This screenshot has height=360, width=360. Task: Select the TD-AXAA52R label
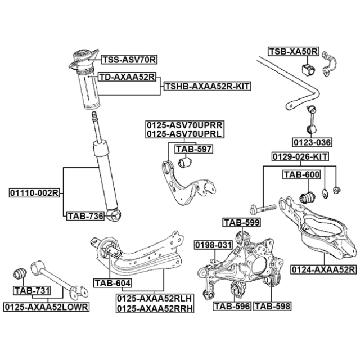[x=127, y=76]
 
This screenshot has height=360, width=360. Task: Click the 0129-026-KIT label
[x=300, y=156]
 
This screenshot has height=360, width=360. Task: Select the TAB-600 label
[x=301, y=175]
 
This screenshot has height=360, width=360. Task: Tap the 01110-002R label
[x=34, y=193]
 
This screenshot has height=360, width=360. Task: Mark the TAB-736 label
[x=85, y=215]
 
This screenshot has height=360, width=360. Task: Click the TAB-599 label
[x=241, y=222]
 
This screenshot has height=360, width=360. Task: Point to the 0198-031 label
[x=213, y=245]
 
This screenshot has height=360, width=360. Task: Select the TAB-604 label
[x=112, y=283]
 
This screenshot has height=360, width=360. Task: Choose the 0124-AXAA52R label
[x=323, y=270]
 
